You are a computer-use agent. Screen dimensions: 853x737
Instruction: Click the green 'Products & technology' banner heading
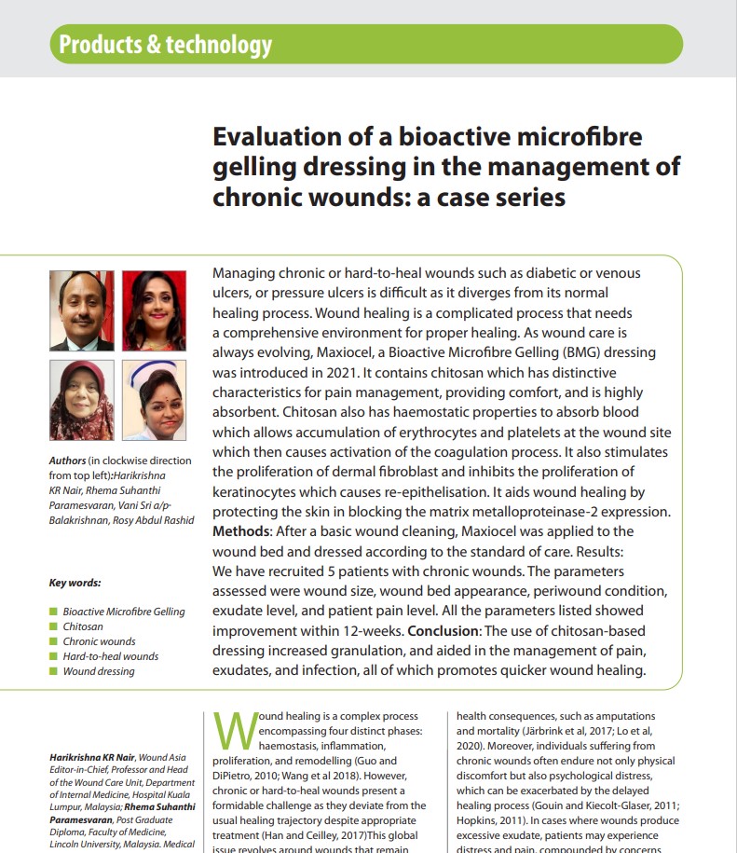coord(165,44)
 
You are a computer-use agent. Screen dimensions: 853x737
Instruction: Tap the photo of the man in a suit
coord(82,310)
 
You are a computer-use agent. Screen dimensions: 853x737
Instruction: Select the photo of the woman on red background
coord(154,310)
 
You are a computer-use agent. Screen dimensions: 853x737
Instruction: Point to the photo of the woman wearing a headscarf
coord(82,400)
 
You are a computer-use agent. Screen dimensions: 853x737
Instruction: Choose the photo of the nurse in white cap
coord(154,400)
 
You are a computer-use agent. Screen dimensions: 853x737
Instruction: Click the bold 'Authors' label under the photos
coord(67,461)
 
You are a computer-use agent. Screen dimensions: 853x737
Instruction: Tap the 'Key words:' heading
coord(75,584)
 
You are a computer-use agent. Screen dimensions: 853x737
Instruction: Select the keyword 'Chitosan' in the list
coord(83,626)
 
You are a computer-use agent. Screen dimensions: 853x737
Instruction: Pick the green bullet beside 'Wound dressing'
coord(53,671)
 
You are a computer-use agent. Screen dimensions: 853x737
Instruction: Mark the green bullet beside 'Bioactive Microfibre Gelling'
coord(53,612)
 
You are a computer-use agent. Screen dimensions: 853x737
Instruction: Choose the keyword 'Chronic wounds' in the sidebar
coord(99,641)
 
